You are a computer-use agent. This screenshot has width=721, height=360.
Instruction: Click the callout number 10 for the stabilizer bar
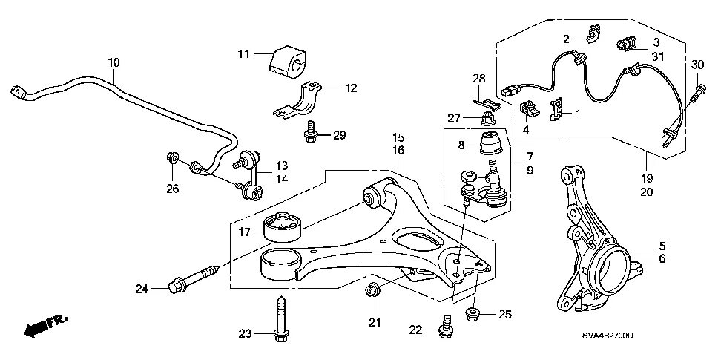coord(113,63)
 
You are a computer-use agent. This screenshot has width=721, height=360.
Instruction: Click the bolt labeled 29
coord(311,134)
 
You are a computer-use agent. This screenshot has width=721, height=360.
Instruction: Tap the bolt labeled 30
coord(697,94)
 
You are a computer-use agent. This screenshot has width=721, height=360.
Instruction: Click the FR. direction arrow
coord(45,325)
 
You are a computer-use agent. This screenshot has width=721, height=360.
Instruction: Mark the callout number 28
coord(478,78)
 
